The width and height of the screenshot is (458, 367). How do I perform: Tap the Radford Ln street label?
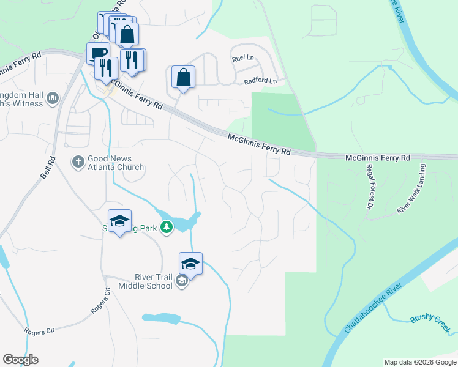[260, 81]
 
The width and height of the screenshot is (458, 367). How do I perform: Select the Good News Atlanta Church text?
[116, 163]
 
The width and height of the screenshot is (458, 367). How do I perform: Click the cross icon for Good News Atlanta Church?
[78, 162]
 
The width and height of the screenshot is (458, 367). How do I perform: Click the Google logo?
[20, 360]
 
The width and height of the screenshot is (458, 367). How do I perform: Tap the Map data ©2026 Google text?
[420, 362]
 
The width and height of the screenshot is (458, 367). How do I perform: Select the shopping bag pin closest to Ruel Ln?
[183, 78]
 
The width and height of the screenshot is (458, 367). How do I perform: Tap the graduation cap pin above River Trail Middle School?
[190, 264]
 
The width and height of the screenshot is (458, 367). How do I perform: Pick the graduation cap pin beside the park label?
[119, 221]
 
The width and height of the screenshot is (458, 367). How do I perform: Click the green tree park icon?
[166, 228]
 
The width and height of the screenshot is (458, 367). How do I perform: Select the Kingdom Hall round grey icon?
[52, 98]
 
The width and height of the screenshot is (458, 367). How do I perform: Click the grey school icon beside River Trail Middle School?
[181, 281]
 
